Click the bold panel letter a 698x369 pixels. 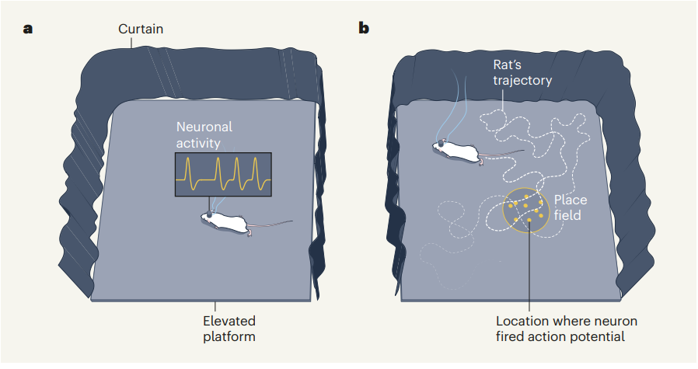click(x=28, y=30)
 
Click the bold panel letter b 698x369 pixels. click(x=363, y=29)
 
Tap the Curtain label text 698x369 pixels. click(x=141, y=30)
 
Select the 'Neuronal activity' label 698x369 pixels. click(x=204, y=134)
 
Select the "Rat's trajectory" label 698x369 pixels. click(x=522, y=71)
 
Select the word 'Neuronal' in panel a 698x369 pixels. click(x=204, y=127)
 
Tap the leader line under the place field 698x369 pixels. click(x=529, y=272)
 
